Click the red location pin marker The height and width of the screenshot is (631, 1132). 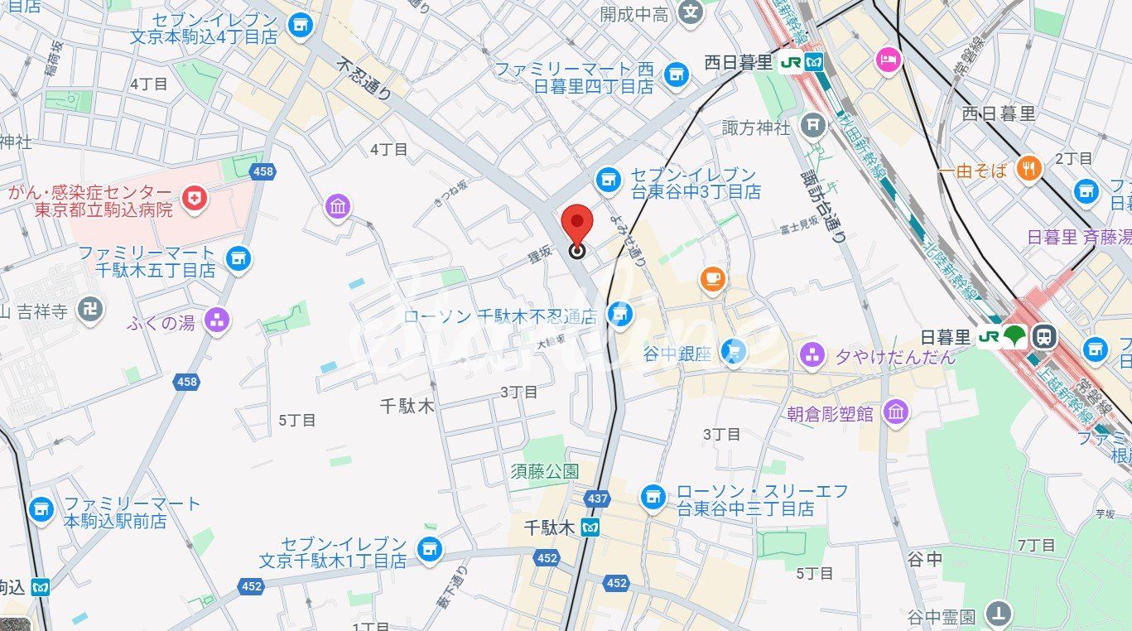pyautogui.click(x=577, y=225)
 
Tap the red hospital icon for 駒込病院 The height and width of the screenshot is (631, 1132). pyautogui.click(x=195, y=199)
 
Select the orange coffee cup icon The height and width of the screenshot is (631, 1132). pyautogui.click(x=712, y=279)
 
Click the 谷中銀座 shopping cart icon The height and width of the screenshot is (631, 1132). pyautogui.click(x=733, y=353)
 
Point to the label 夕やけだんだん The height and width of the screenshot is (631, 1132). pyautogui.click(x=895, y=356)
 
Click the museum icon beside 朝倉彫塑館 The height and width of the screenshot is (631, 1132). pyautogui.click(x=896, y=412)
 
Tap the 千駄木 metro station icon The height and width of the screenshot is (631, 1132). pyautogui.click(x=590, y=527)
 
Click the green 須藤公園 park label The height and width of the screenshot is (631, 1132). pyautogui.click(x=544, y=471)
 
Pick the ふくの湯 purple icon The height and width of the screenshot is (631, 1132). pyautogui.click(x=217, y=320)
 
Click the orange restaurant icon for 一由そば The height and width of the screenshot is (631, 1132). pyautogui.click(x=1029, y=169)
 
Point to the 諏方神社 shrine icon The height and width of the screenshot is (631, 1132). pyautogui.click(x=814, y=126)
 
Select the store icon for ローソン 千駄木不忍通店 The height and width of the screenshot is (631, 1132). pyautogui.click(x=618, y=313)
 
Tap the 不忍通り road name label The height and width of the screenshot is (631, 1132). pyautogui.click(x=365, y=77)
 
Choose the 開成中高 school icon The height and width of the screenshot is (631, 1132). pyautogui.click(x=690, y=12)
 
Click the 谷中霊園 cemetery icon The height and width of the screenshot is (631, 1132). pyautogui.click(x=1000, y=614)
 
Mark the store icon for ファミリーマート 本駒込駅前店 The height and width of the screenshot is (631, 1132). pyautogui.click(x=41, y=511)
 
